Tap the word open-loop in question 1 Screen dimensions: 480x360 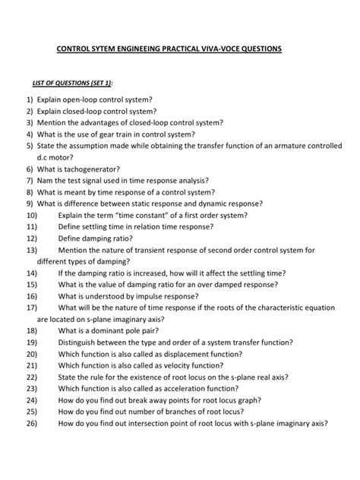click(x=86, y=99)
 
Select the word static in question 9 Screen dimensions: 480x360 click(x=159, y=204)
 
